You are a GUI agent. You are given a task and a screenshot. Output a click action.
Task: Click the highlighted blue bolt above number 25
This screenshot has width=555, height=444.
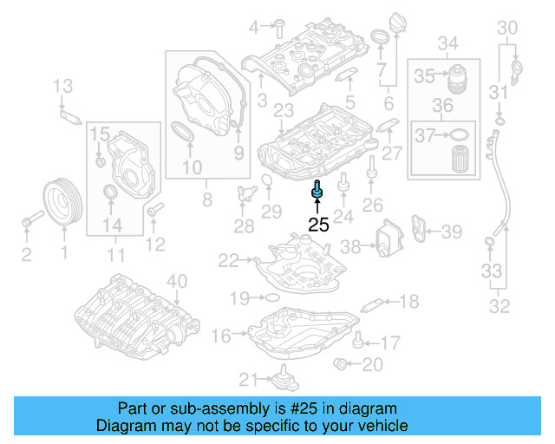pyautogui.click(x=318, y=189)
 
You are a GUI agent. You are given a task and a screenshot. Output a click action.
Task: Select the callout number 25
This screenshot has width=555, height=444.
pyautogui.click(x=319, y=225)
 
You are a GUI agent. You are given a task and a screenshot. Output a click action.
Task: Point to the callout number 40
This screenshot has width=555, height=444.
pyautogui.click(x=176, y=280)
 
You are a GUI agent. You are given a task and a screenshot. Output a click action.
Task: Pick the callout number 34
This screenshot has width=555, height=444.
pyautogui.click(x=447, y=43)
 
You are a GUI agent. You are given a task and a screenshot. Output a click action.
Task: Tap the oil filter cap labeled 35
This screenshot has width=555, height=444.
pyautogui.click(x=458, y=77)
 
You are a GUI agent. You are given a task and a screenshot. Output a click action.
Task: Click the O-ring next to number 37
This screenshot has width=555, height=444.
pyautogui.click(x=460, y=134)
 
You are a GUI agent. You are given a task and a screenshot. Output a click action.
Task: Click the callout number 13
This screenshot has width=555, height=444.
pyautogui.click(x=63, y=85)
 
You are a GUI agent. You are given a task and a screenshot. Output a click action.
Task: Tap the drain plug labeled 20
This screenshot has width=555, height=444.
pyautogui.click(x=343, y=363)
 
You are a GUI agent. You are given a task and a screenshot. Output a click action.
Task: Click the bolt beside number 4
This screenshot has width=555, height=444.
pyautogui.click(x=282, y=26)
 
